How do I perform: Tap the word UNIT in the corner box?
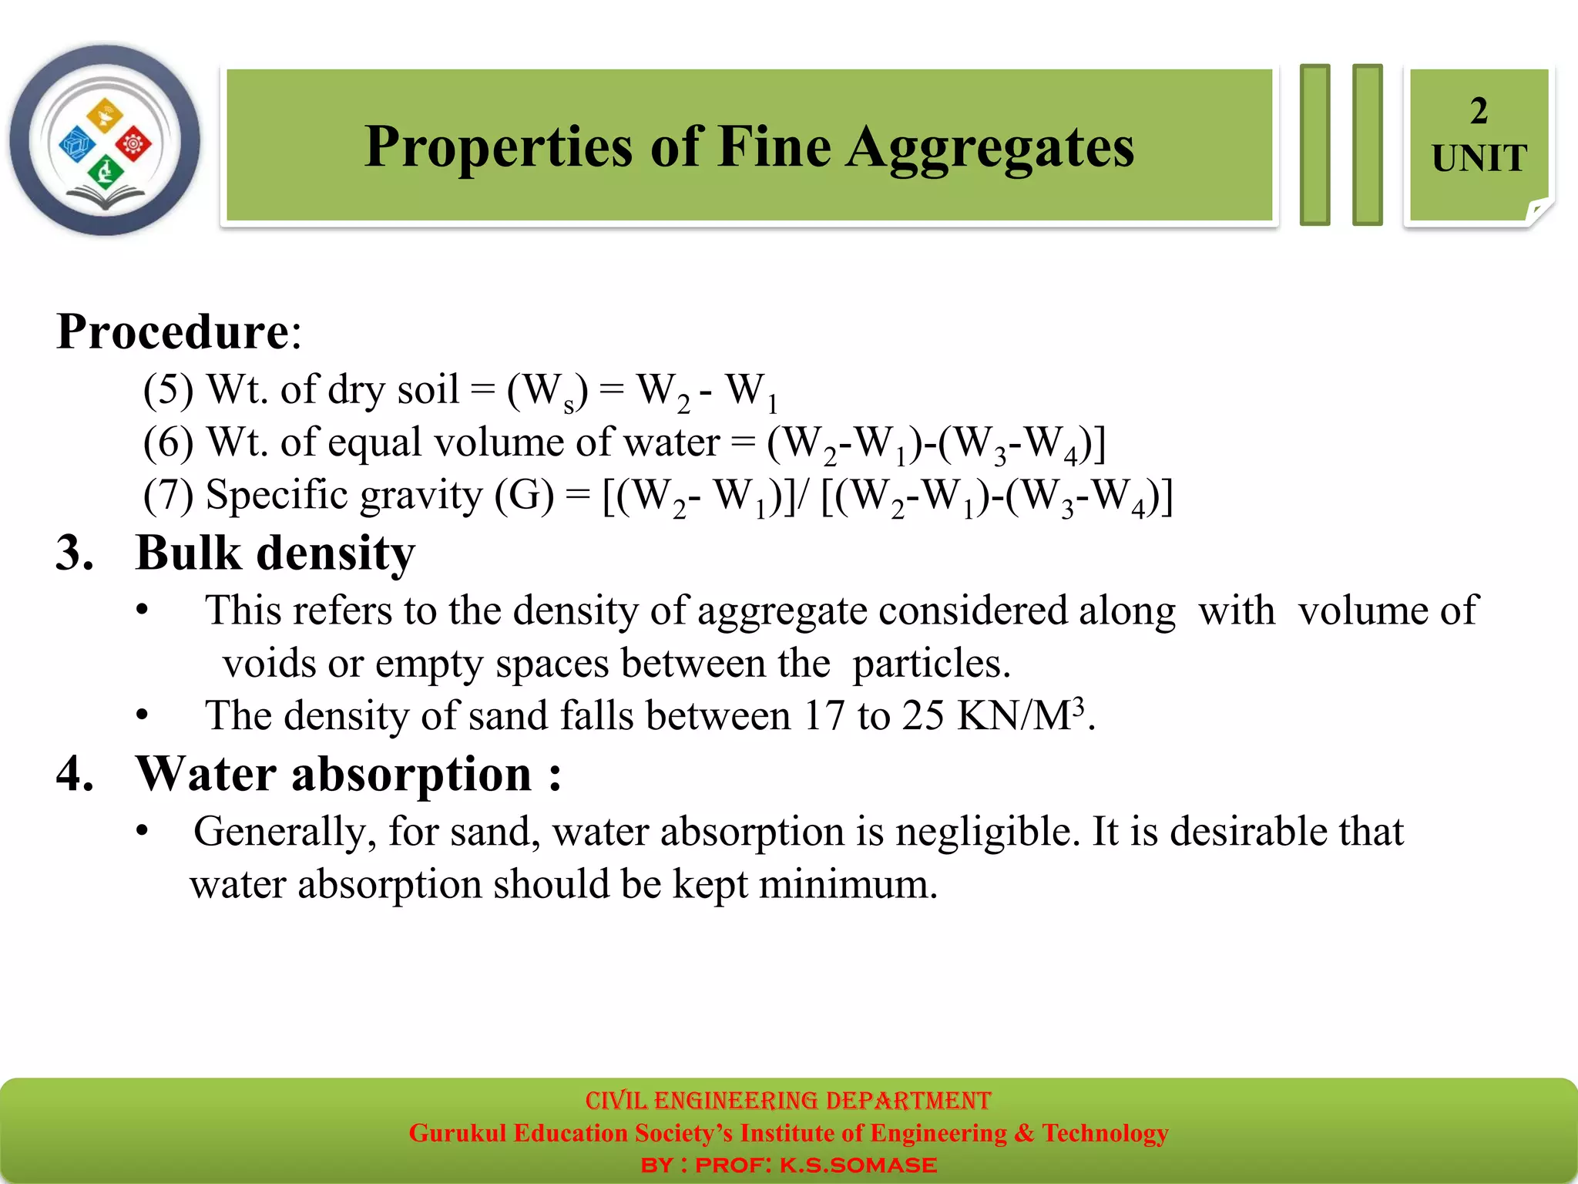[1479, 159]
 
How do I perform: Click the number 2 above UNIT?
[1479, 111]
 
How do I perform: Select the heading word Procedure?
[173, 332]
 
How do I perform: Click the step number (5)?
[168, 389]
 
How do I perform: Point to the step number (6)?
[168, 442]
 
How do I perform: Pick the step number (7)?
[168, 495]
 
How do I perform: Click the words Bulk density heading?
[275, 553]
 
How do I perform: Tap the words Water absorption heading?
[334, 774]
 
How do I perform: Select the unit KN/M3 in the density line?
[1020, 715]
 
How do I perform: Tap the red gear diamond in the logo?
[134, 143]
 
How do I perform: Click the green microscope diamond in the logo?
[105, 171]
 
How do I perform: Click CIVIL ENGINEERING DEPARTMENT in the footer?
[787, 1100]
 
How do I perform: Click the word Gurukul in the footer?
[457, 1133]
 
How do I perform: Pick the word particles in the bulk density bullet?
[931, 664]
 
